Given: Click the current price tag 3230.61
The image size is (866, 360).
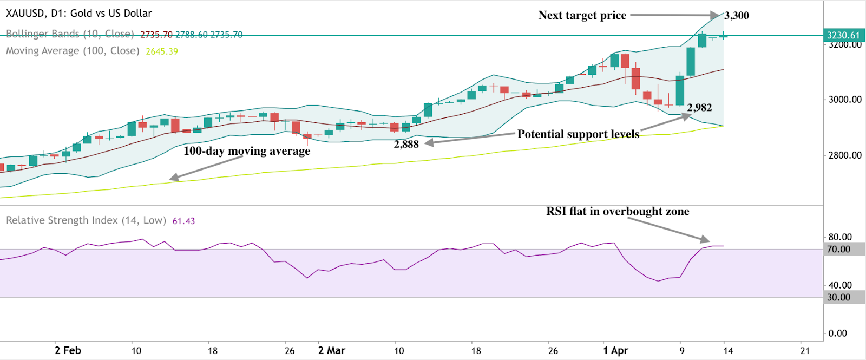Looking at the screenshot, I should [x=843, y=35].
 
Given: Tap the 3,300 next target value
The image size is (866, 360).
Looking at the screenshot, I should [x=737, y=16].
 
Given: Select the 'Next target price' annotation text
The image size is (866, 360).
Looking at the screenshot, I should [x=582, y=16].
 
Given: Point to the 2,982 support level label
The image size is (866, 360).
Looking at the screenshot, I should [x=699, y=108].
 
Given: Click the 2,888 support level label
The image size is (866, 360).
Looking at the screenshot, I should [x=406, y=145].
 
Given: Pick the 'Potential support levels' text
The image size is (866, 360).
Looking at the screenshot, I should [x=578, y=134].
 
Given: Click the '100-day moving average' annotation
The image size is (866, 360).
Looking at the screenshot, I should [x=247, y=151].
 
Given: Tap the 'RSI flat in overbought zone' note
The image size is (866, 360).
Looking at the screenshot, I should [x=618, y=212].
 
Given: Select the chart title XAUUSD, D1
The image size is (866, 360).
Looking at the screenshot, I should [x=79, y=14].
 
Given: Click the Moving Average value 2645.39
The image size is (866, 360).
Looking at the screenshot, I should [x=162, y=51].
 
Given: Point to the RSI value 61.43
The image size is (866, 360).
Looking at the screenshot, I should [x=183, y=221].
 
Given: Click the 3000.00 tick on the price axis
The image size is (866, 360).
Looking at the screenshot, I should [x=845, y=100].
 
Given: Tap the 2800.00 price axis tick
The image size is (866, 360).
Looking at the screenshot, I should [x=845, y=155].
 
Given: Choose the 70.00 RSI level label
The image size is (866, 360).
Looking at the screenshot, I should [x=838, y=250].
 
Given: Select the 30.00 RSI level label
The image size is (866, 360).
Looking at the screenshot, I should [x=838, y=297].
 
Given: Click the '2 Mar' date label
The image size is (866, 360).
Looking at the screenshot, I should [x=331, y=351].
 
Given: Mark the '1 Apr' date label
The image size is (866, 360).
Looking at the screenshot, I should [x=615, y=351].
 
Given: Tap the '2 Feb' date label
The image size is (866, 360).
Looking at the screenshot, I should [x=68, y=351].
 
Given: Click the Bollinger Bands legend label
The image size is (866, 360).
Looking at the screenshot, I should [x=70, y=34].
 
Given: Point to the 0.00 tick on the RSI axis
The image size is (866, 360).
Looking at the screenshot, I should [x=837, y=333].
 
